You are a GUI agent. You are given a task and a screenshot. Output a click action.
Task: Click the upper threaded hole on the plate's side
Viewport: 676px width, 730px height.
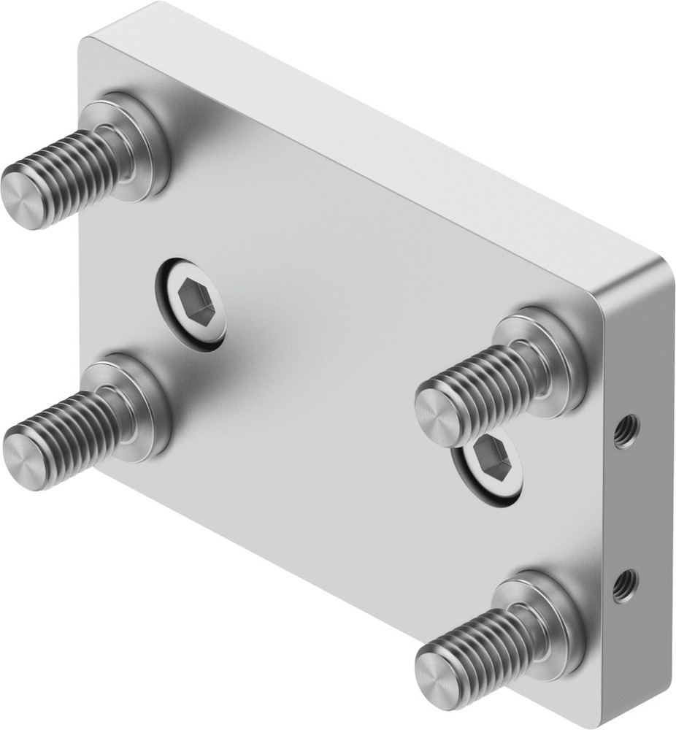coord(624,433)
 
